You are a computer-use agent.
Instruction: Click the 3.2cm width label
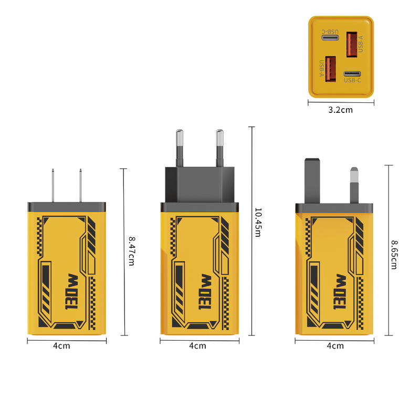tap(340, 110)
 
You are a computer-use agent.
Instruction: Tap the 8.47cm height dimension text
tap(131, 251)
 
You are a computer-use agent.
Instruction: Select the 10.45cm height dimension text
tap(257, 222)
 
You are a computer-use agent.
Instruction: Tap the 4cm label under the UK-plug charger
tap(335, 345)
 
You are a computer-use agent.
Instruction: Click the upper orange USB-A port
tap(351, 45)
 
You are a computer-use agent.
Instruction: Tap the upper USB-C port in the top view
tap(330, 38)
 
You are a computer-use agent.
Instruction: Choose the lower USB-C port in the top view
tap(352, 74)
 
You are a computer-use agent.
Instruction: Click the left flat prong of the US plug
tap(54, 185)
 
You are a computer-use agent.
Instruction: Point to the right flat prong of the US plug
tap(81, 185)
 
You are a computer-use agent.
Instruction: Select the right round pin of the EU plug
tap(219, 147)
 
